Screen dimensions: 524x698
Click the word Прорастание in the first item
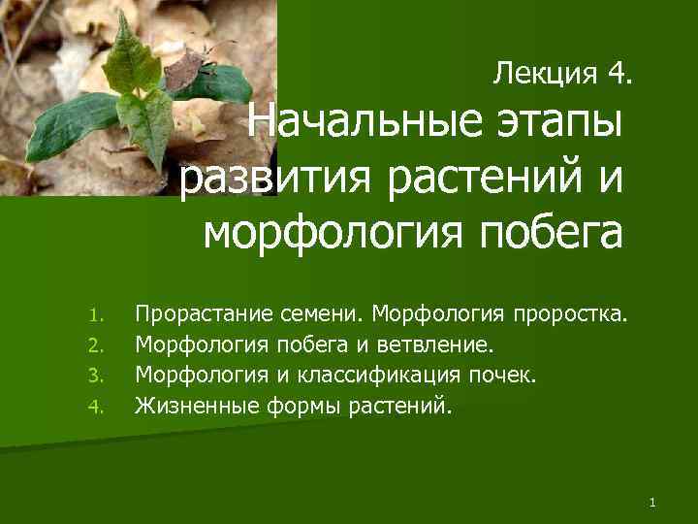tap(205, 314)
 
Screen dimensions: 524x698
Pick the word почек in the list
tap(502, 374)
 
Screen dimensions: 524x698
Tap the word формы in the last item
tap(299, 404)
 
